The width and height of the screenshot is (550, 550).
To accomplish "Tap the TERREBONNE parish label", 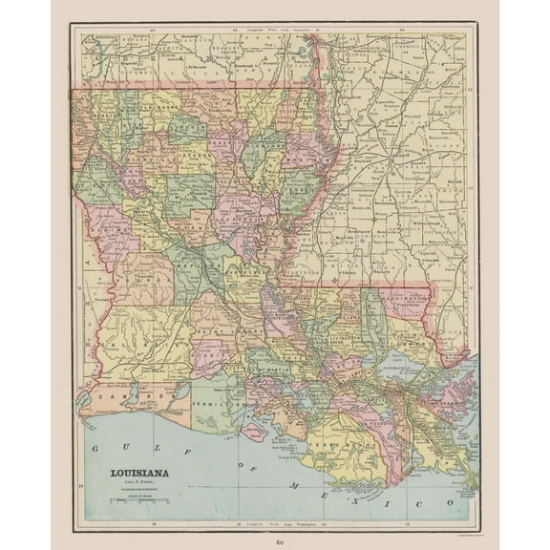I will pos(353,443).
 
